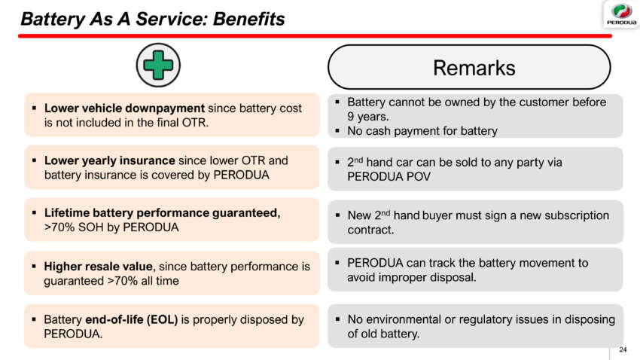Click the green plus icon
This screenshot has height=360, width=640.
157,66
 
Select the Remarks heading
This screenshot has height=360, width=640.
474,69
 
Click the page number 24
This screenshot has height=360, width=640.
622,349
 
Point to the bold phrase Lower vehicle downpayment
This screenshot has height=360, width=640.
124,108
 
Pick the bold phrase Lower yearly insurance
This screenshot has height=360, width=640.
109,160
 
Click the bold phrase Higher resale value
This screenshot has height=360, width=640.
98,266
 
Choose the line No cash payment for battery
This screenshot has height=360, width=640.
422,131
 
